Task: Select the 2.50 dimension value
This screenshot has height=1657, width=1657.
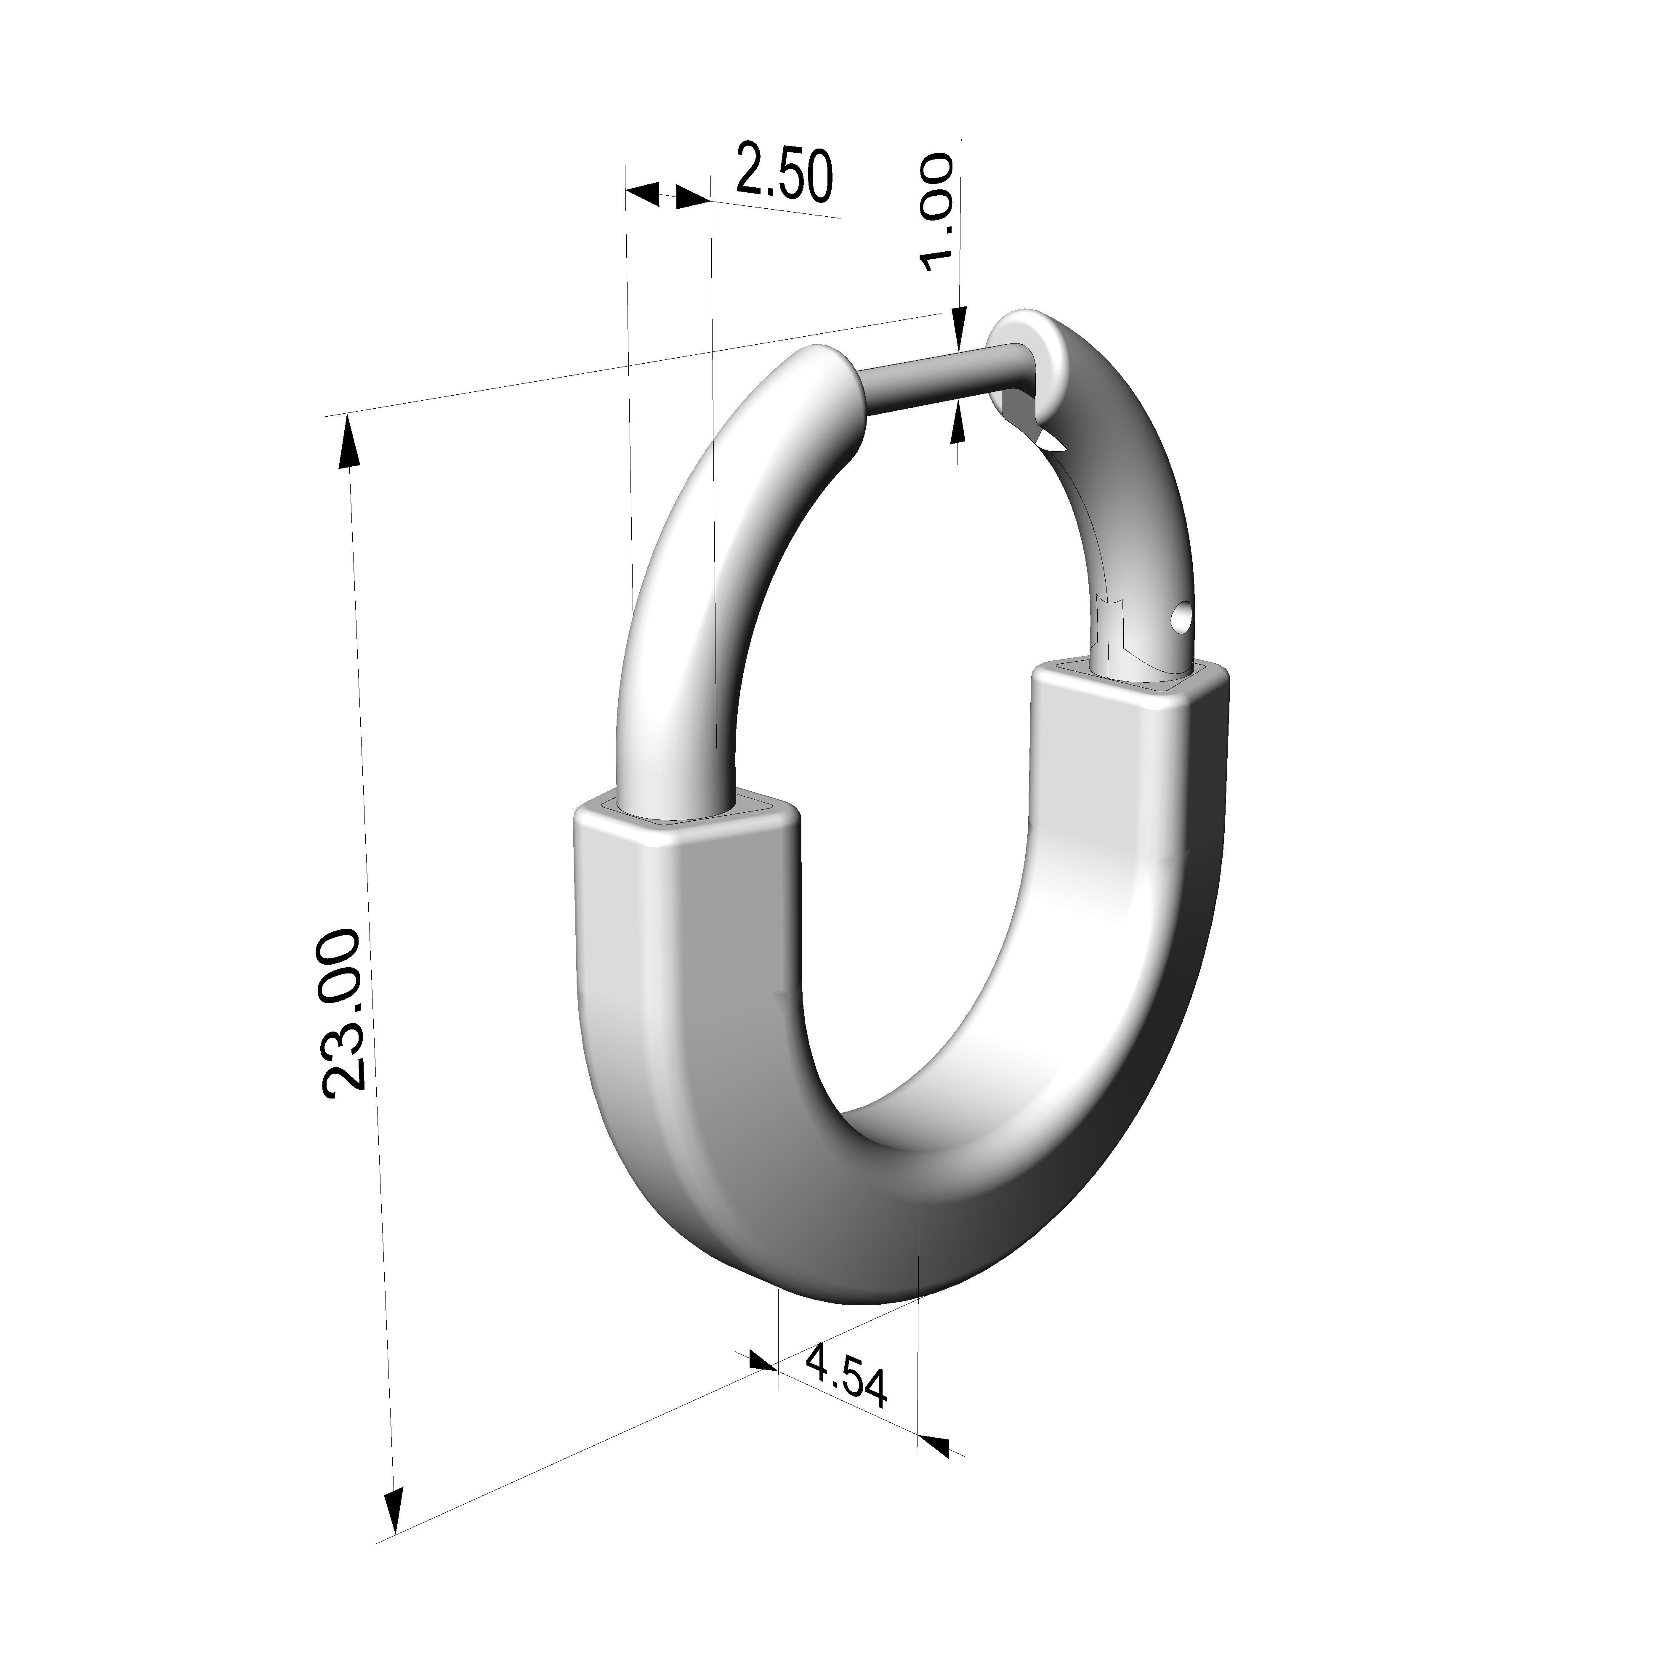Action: pyautogui.click(x=783, y=174)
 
